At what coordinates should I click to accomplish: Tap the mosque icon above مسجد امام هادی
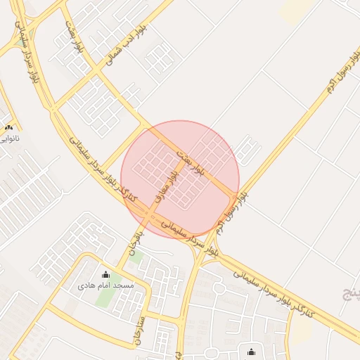(x=106, y=275)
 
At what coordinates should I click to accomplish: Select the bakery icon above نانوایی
(x=8, y=127)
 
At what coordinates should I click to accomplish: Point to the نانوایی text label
(x=8, y=138)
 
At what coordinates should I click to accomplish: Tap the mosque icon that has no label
(x=251, y=352)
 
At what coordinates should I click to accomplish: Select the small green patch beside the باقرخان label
(x=136, y=258)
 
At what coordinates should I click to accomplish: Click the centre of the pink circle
(x=180, y=179)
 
